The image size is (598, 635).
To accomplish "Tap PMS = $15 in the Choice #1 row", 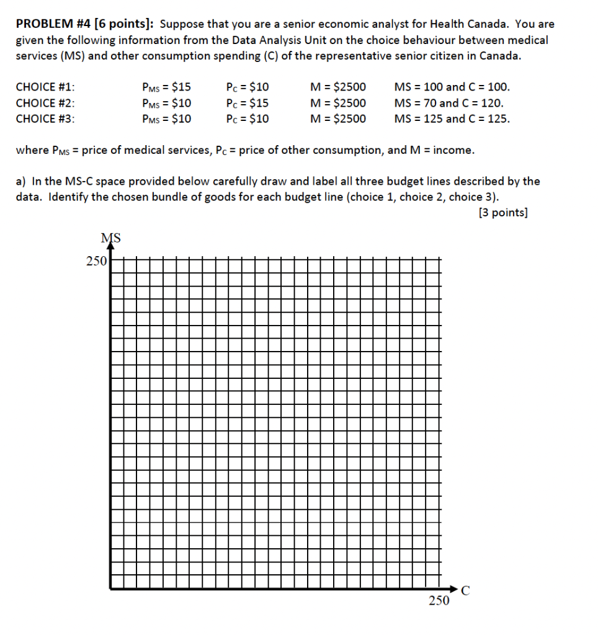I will (166, 87).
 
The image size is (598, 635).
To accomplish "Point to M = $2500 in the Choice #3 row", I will (338, 118).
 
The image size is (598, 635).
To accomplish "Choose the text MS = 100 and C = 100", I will (452, 87).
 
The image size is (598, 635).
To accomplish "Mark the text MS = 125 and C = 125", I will (452, 118).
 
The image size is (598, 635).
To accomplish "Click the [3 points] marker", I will (503, 213).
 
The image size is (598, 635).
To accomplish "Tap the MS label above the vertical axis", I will (110, 237).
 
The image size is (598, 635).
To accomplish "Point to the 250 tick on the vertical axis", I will (96, 261).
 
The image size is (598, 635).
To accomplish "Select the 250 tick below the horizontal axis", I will (439, 600).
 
